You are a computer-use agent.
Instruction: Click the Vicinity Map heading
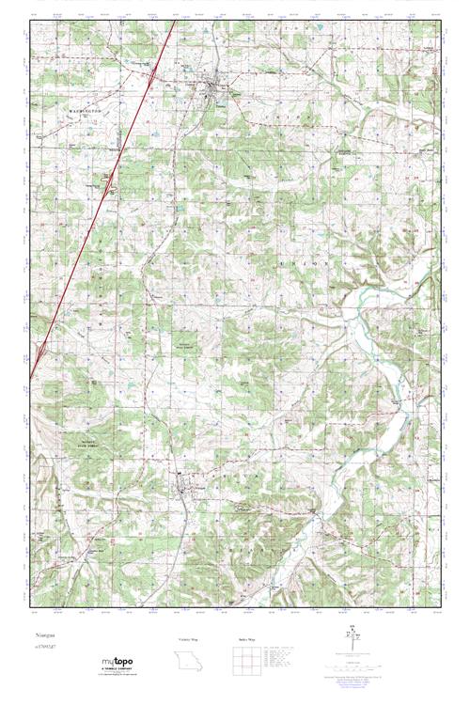(189, 639)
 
